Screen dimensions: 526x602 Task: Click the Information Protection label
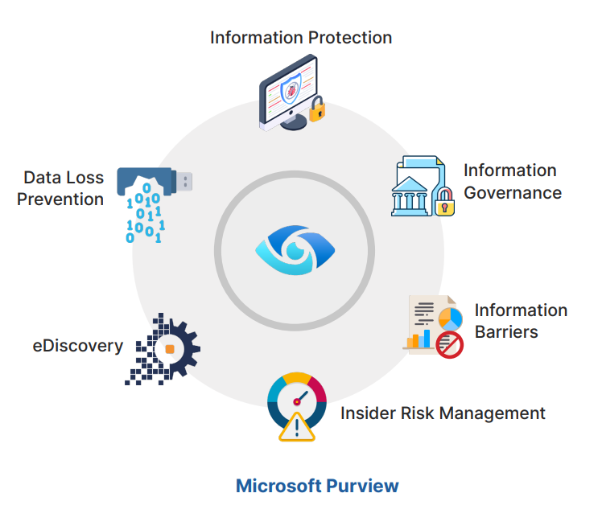[301, 37]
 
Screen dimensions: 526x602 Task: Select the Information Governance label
[512, 182]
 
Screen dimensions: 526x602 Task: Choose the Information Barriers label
[520, 321]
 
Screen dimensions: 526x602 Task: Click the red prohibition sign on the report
[449, 345]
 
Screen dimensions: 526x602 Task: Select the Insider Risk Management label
[443, 413]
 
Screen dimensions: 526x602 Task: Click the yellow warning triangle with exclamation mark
[296, 425]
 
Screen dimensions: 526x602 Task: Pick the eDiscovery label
[78, 346]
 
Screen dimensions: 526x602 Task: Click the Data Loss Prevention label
[60, 188]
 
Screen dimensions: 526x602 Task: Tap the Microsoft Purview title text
[317, 486]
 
